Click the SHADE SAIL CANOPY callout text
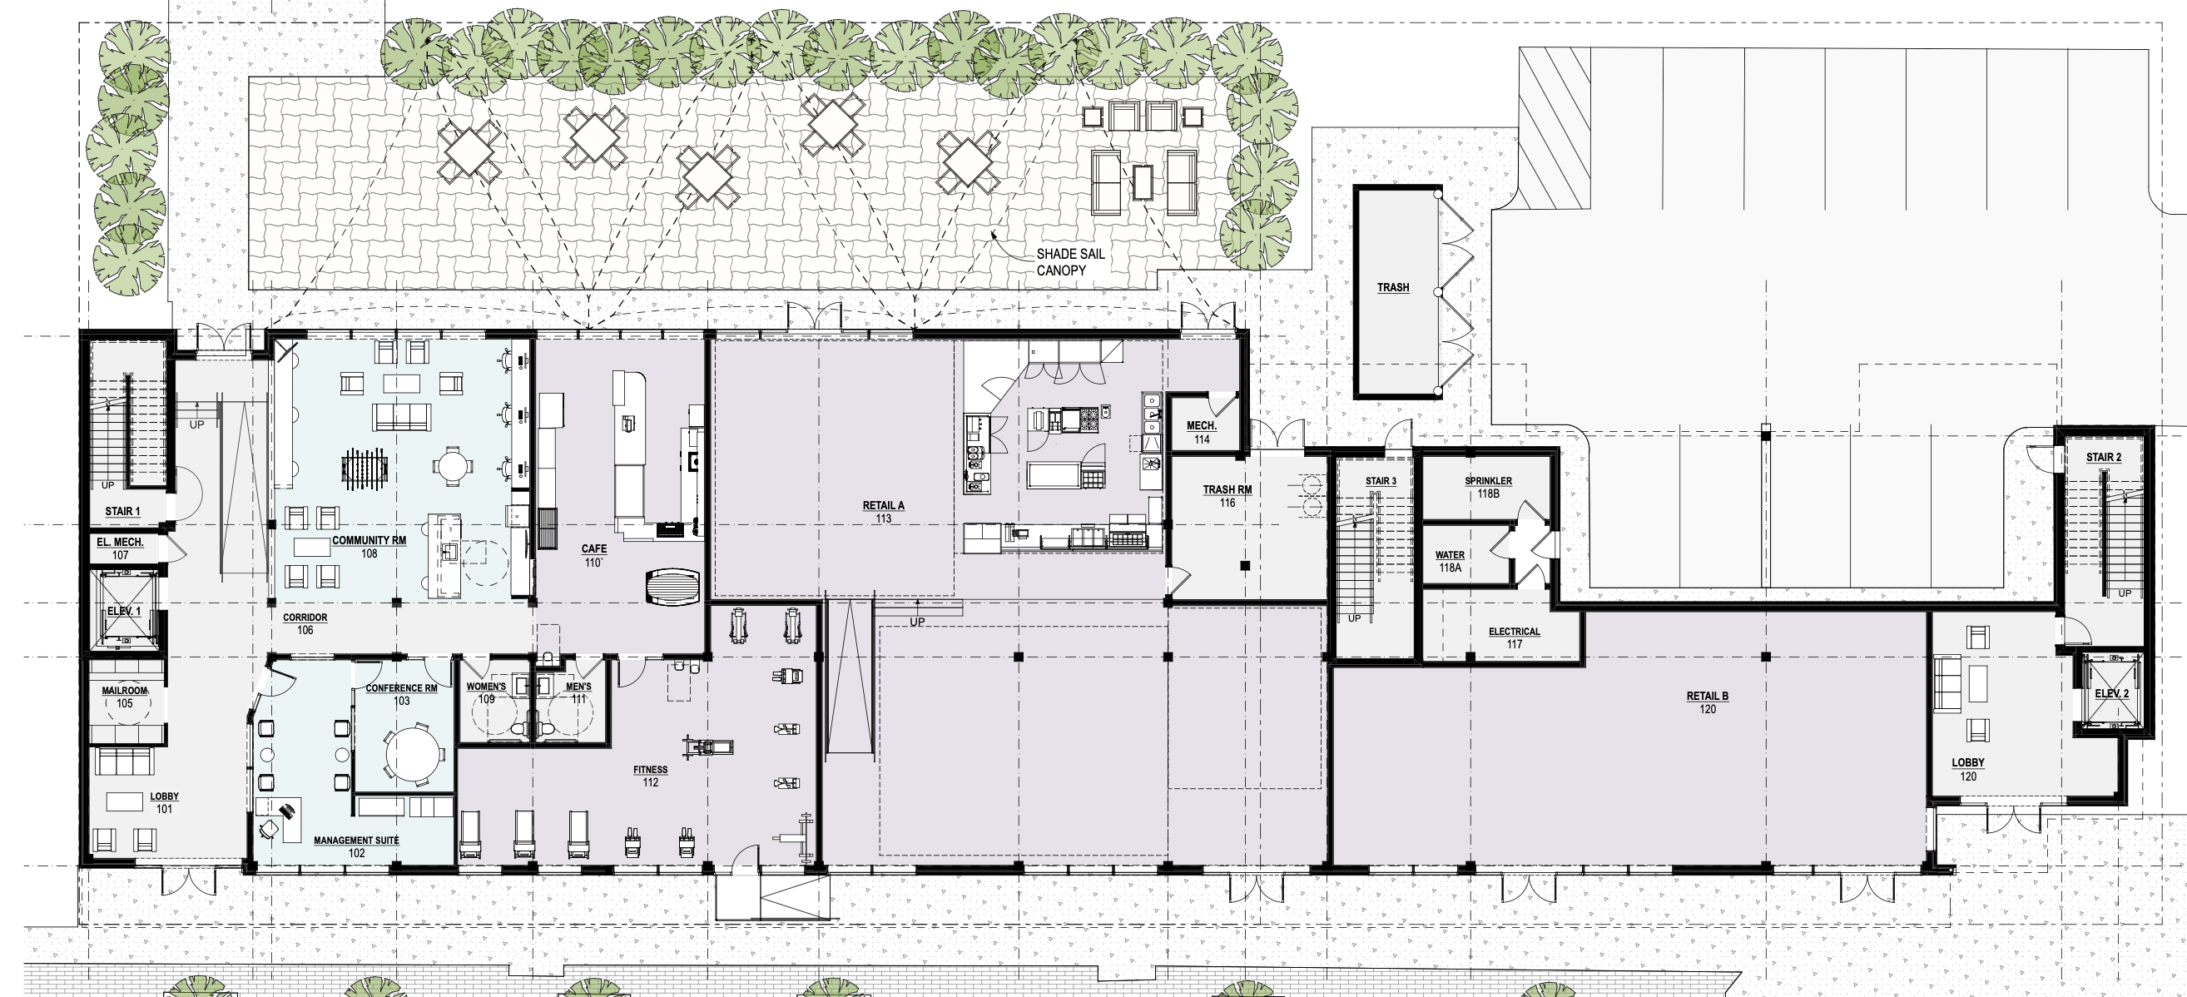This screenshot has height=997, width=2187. (x=1070, y=262)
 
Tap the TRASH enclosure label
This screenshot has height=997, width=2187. (x=1393, y=288)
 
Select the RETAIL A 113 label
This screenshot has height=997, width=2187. (x=883, y=512)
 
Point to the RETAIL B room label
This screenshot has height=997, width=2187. (x=1708, y=702)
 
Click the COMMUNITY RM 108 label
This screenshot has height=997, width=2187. (x=369, y=547)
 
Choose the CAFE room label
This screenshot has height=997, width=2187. (x=593, y=556)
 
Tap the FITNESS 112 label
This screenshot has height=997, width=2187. (x=650, y=776)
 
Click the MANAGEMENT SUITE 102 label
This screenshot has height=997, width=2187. (x=356, y=846)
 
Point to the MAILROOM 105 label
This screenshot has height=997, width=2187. (x=125, y=697)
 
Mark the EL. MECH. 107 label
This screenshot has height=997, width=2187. (x=120, y=548)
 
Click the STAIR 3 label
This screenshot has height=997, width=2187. (x=1381, y=482)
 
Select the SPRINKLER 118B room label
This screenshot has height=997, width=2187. (x=1488, y=487)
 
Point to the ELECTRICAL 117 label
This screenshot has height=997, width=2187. (x=1514, y=637)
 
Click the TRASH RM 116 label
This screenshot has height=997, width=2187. (x=1227, y=496)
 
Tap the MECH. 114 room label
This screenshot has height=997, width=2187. (x=1202, y=432)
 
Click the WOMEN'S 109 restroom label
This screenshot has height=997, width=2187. (x=487, y=693)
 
